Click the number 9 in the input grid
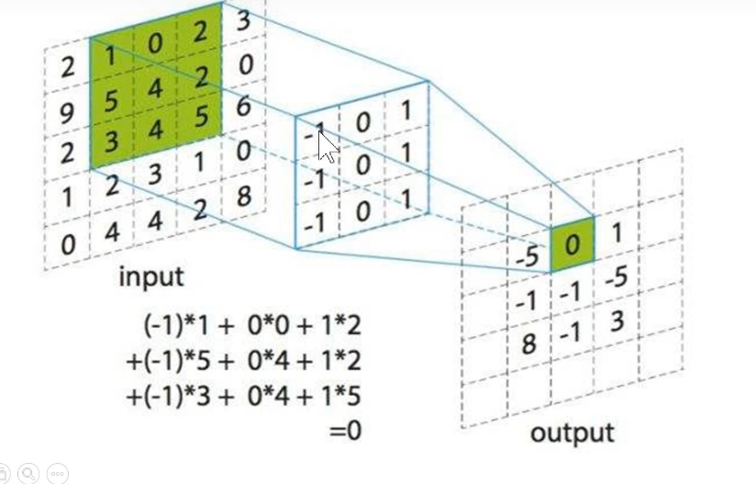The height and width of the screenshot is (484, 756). pos(65,113)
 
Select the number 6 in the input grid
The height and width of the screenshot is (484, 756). pos(242,107)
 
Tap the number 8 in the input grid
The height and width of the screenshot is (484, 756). pos(242,197)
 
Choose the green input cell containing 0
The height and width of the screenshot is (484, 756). pos(157,42)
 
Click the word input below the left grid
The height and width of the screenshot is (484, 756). pos(151,276)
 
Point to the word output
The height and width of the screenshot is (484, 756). pos(572,432)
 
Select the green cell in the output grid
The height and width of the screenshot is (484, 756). pos(573,244)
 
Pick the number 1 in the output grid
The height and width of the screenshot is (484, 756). pos(617,233)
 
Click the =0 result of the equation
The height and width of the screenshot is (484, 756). pos(346,428)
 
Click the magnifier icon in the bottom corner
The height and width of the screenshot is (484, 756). pos(29,472)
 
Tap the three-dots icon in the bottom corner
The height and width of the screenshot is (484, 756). pos(57,472)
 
